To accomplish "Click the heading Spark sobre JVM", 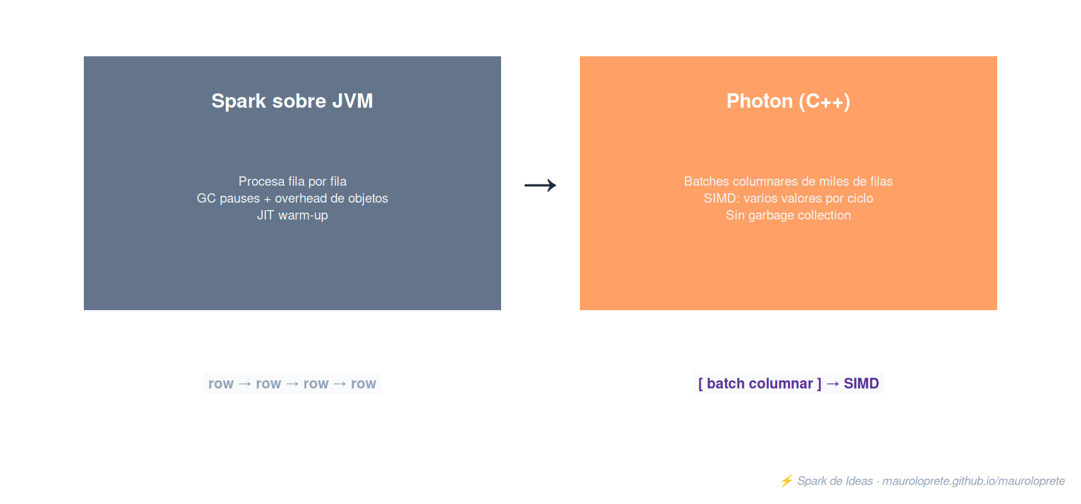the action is click(x=292, y=101).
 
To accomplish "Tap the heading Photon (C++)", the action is click(x=788, y=101).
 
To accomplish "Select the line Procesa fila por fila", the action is click(x=292, y=181).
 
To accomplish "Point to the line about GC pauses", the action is click(x=292, y=198).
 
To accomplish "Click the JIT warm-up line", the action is click(x=292, y=215).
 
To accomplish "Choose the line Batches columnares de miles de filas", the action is click(x=788, y=181).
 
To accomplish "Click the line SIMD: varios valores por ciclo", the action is click(x=788, y=198).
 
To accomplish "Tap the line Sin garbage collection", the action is click(x=788, y=215).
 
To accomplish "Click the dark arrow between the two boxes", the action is click(x=540, y=185).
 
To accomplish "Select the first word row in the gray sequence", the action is click(x=221, y=384).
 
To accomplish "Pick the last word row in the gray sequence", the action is click(x=363, y=384).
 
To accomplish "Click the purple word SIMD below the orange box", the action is click(x=861, y=383).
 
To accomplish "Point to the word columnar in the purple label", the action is click(x=781, y=383).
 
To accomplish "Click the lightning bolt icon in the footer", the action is click(x=786, y=481).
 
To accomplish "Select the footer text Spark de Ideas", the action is click(x=835, y=481).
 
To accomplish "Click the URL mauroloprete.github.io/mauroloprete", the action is click(x=973, y=481).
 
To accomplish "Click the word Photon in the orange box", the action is click(x=759, y=101).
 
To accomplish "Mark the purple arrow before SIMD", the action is click(x=833, y=384).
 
